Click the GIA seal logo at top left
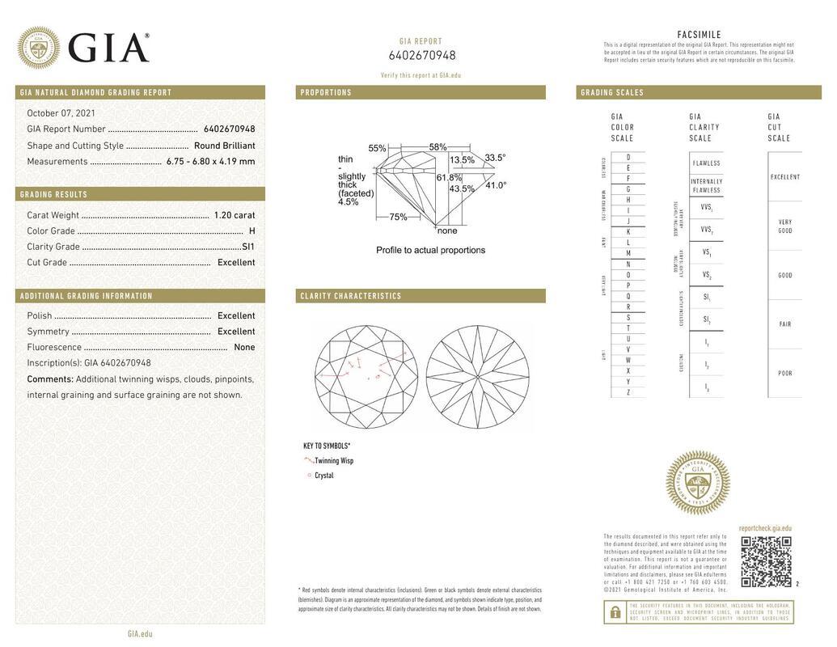point(38,48)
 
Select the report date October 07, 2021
point(61,113)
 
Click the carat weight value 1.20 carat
point(234,215)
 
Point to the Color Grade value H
point(252,231)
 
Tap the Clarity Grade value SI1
point(247,247)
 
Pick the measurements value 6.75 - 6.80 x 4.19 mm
point(210,161)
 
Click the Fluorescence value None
point(243,347)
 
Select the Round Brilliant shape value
point(224,146)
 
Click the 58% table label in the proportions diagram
point(438,147)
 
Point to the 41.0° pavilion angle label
point(496,185)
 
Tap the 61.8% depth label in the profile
point(449,177)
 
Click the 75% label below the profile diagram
point(398,217)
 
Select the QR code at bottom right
point(766,561)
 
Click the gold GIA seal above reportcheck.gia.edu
point(697,483)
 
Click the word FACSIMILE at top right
point(699,35)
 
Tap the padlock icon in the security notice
point(615,612)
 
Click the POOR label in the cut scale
point(784,374)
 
